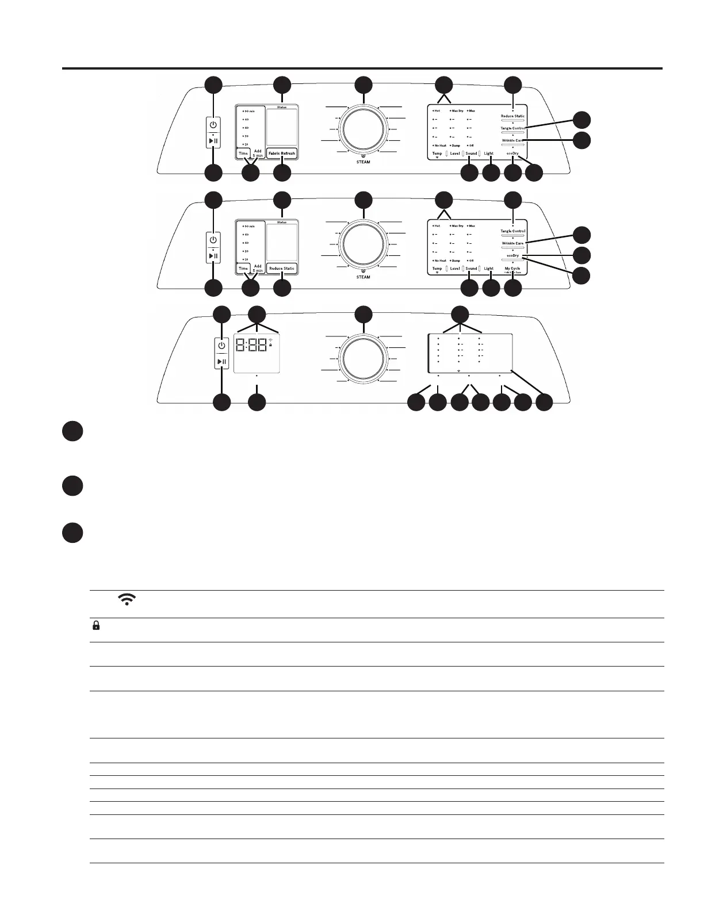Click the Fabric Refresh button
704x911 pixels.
[282, 154]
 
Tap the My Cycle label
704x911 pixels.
[512, 269]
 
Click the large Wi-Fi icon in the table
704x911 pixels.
[126, 599]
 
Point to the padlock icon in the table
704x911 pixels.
[96, 626]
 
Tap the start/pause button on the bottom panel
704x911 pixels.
[221, 362]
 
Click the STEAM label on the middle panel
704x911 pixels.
[364, 277]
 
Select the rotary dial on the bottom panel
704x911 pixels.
[364, 358]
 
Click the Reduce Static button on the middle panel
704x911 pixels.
[282, 269]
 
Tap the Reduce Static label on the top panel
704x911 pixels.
[512, 116]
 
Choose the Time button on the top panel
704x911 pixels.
[243, 154]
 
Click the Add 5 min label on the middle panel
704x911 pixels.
[258, 269]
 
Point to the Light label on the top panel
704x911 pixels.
[488, 154]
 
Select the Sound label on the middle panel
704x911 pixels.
[471, 269]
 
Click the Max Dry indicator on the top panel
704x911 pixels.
[457, 110]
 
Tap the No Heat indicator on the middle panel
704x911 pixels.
[439, 261]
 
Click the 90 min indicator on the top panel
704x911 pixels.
[249, 110]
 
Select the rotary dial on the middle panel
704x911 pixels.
[364, 243]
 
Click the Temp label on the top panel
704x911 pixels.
[437, 154]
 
